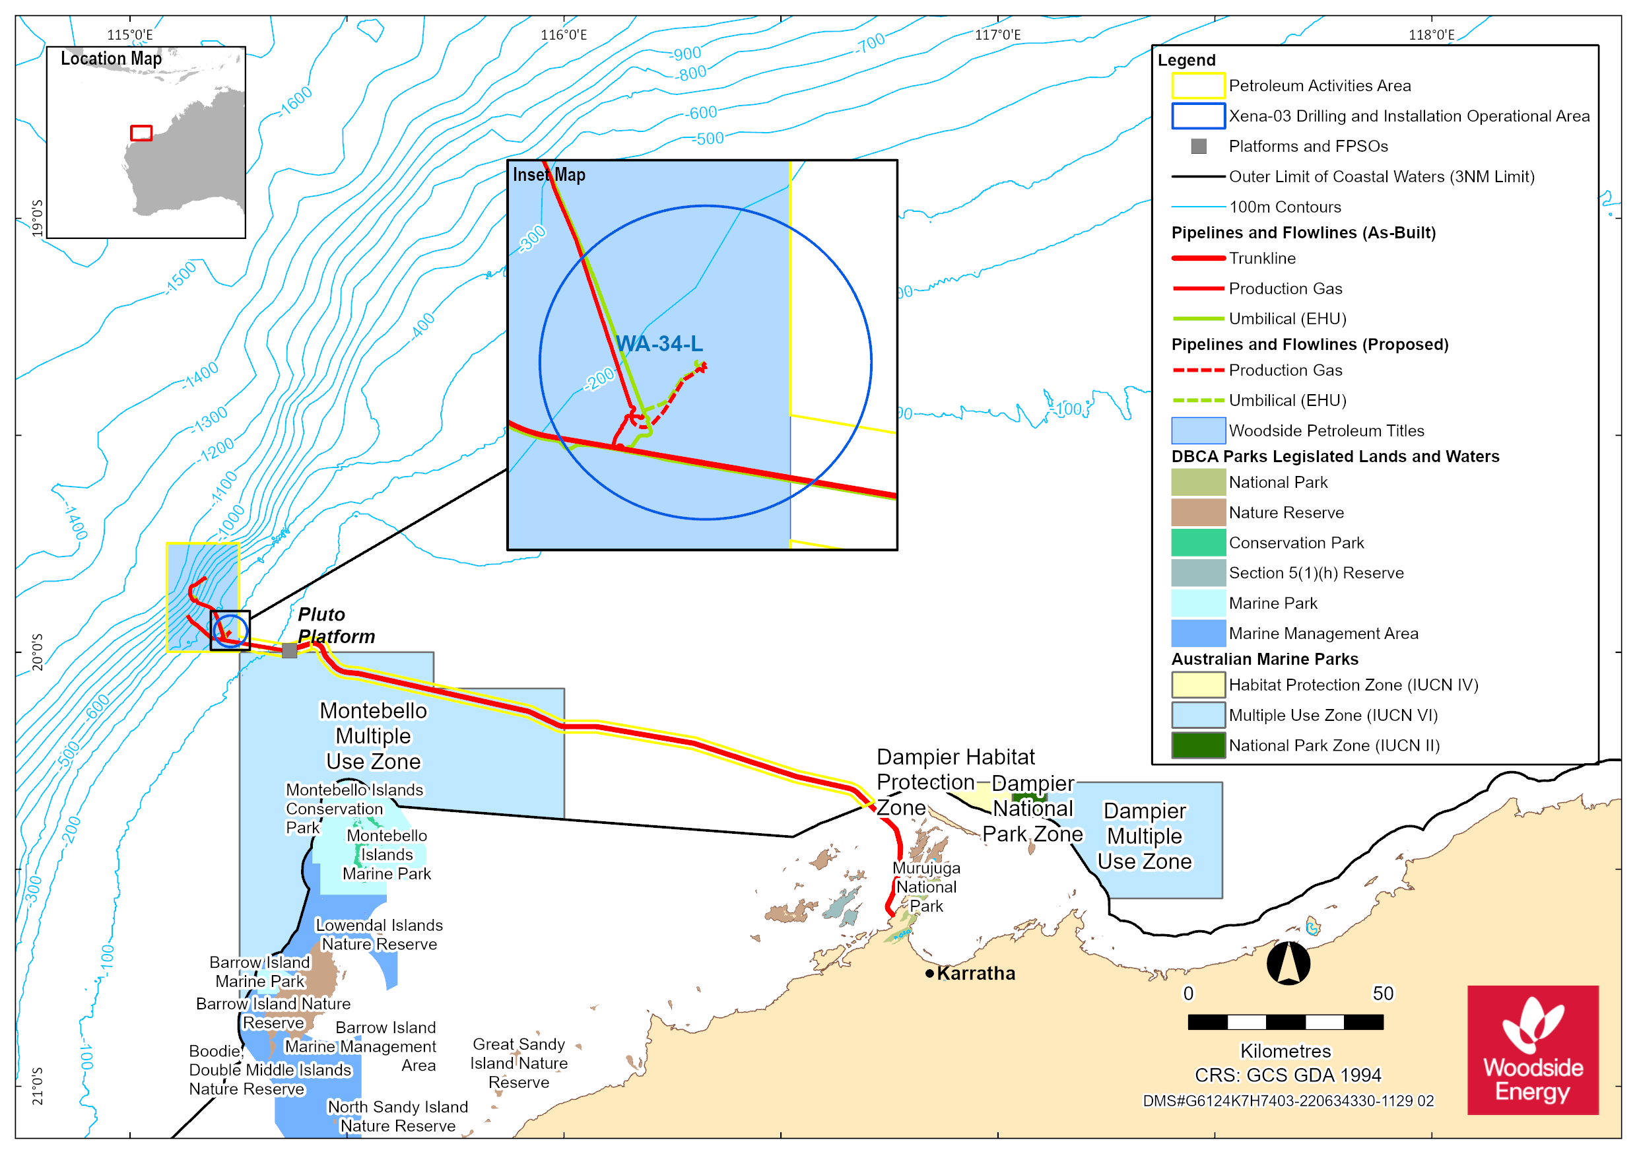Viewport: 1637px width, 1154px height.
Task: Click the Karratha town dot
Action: point(930,974)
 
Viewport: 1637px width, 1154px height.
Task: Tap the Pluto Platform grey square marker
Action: point(290,650)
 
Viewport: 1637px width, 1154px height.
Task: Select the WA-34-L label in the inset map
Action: point(659,344)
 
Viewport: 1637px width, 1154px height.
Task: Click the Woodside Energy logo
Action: point(1533,1050)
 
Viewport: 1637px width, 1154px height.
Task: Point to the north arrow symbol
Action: point(1288,963)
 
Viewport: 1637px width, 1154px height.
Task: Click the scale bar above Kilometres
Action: point(1285,1022)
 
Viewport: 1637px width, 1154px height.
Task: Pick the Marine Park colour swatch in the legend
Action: point(1199,603)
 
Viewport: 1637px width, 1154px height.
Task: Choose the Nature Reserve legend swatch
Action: point(1199,513)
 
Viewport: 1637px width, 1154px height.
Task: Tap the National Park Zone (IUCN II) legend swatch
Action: point(1199,745)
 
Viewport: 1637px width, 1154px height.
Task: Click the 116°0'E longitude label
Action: point(564,35)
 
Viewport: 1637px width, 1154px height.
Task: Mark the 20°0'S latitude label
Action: point(37,652)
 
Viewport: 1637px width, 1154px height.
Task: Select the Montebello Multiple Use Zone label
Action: point(374,736)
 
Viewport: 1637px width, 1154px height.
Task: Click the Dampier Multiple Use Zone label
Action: point(1145,836)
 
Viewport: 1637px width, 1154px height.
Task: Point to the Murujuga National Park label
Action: point(926,887)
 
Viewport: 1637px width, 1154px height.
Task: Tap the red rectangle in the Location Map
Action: point(141,133)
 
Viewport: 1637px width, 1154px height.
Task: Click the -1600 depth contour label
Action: point(295,102)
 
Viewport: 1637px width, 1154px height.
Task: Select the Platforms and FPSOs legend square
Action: point(1199,146)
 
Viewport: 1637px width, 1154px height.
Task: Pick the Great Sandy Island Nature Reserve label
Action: point(519,1064)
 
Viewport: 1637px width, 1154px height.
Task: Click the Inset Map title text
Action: point(549,175)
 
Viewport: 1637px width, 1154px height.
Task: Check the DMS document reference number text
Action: point(1288,1101)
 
